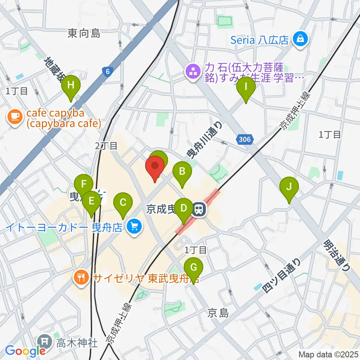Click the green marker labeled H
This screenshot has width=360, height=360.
[70, 86]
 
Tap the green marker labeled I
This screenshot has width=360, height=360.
[246, 88]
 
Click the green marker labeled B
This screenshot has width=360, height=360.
[182, 172]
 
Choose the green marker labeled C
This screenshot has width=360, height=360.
[123, 203]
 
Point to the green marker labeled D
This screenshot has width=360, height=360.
[183, 208]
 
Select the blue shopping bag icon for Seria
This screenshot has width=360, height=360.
[301, 39]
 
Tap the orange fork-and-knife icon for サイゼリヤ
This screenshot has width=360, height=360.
[80, 278]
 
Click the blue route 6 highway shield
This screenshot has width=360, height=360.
[107, 72]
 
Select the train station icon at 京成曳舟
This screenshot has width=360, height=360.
[199, 209]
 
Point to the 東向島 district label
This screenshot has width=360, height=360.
[84, 34]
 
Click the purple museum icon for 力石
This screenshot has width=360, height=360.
[193, 71]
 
